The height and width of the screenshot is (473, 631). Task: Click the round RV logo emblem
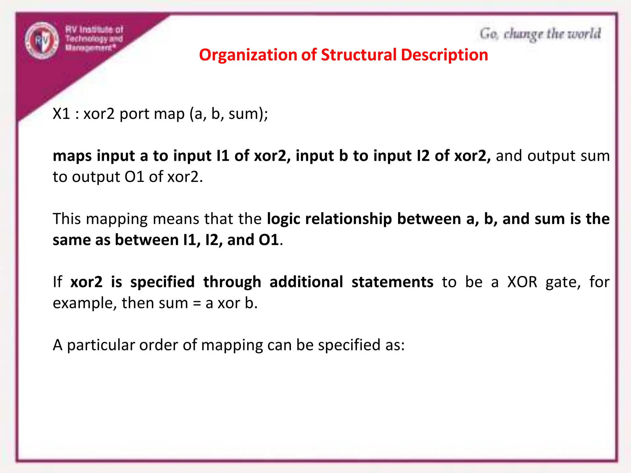pyautogui.click(x=42, y=40)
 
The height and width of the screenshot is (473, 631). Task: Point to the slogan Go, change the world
pyautogui.click(x=540, y=34)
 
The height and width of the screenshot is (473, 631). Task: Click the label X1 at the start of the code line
pyautogui.click(x=62, y=114)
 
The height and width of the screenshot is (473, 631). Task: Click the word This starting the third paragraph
pyautogui.click(x=67, y=219)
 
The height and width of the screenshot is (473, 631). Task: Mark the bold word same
pyautogui.click(x=71, y=240)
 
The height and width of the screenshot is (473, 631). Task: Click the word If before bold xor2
pyautogui.click(x=57, y=282)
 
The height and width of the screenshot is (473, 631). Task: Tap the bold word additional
pyautogui.click(x=306, y=282)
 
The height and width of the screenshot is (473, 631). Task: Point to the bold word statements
pyautogui.click(x=392, y=282)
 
